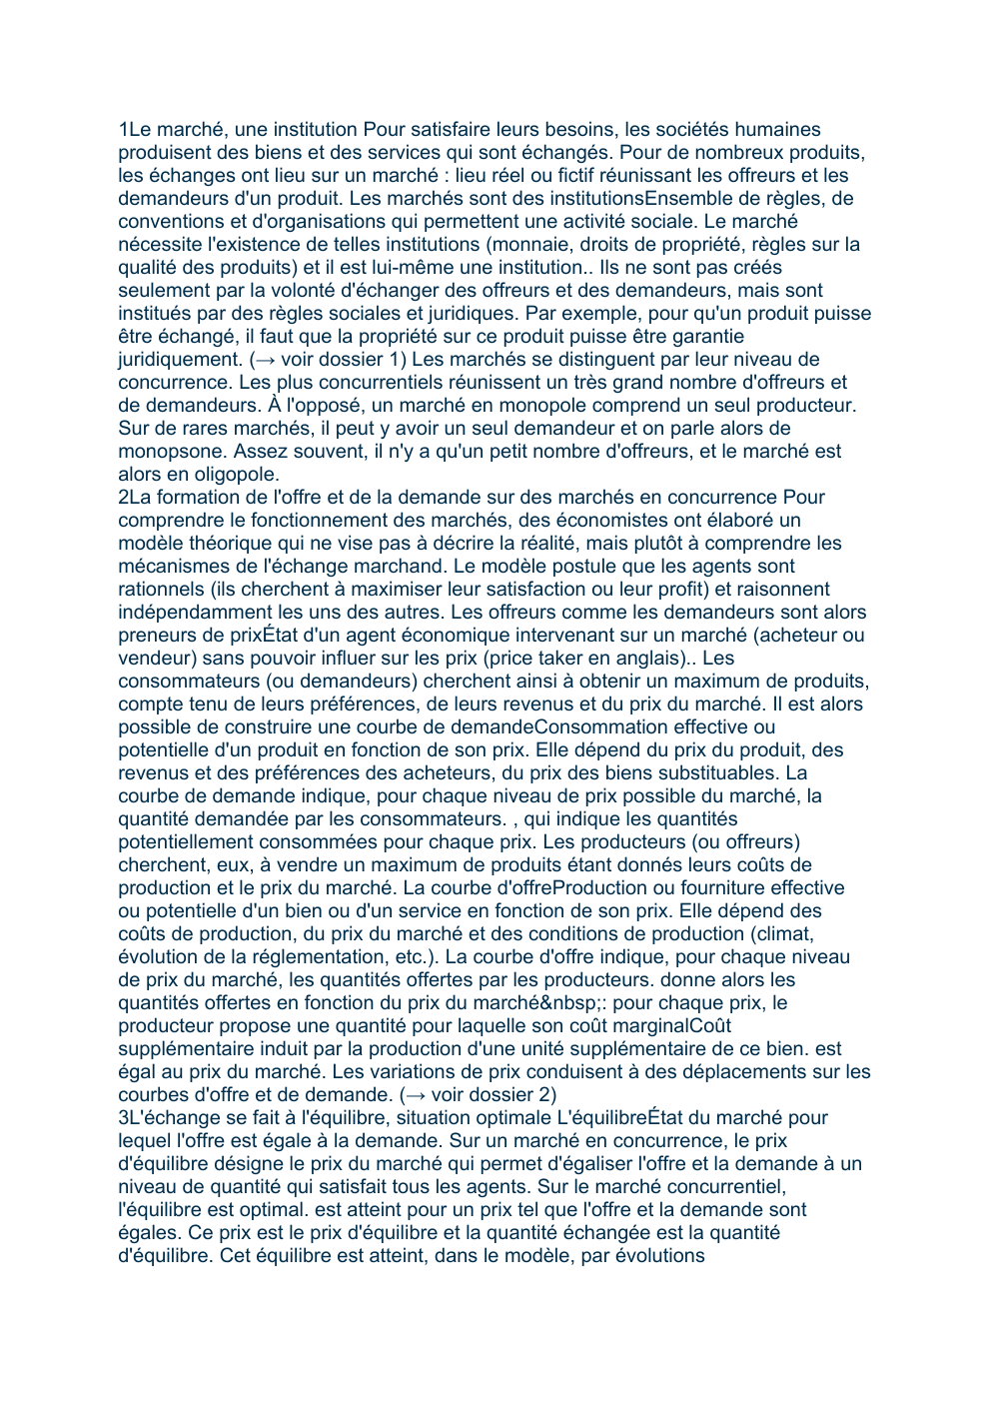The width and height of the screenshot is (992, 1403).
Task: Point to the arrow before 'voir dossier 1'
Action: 264,360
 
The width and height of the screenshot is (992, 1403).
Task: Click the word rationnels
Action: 162,590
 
